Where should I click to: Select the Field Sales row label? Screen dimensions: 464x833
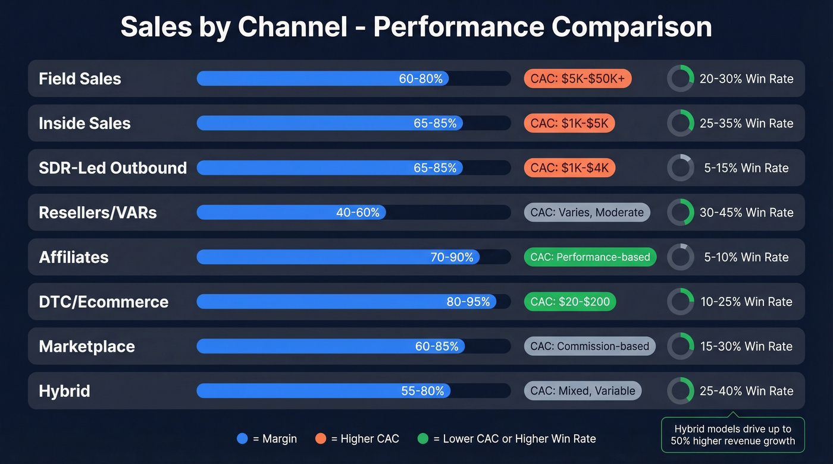[80, 78]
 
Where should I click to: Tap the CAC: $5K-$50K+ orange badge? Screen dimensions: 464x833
[577, 78]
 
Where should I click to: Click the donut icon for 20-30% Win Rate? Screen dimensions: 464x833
[680, 78]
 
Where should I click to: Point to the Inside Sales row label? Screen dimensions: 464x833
[84, 123]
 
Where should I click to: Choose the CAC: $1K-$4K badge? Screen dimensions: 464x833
[569, 168]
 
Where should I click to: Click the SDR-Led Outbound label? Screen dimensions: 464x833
[112, 168]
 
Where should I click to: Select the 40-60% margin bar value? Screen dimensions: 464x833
[358, 212]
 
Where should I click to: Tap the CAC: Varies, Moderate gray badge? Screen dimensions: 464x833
[587, 212]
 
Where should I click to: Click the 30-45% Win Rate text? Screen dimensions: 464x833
[746, 212]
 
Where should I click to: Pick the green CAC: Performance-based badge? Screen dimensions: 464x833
[590, 257]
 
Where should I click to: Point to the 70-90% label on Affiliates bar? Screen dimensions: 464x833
[452, 257]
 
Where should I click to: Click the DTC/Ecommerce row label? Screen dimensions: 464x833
[104, 301]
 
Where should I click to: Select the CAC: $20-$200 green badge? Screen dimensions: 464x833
[570, 301]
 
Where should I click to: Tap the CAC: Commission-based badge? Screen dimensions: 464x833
[590, 346]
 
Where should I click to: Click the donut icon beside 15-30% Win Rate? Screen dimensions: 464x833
[680, 346]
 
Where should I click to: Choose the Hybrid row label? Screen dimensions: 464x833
[64, 390]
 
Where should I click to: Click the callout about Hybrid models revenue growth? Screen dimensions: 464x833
[733, 435]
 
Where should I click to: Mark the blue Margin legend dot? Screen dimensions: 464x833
[242, 439]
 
